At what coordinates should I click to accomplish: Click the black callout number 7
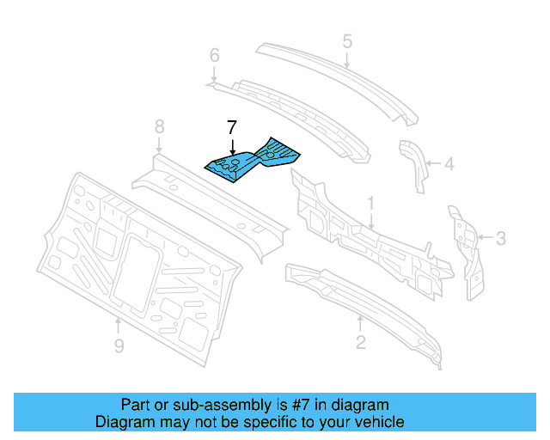pos(232,127)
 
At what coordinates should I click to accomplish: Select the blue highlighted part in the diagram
pos(252,161)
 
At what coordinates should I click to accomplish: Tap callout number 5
pos(347,41)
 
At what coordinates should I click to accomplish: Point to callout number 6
pos(215,55)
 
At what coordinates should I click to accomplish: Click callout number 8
pos(160,126)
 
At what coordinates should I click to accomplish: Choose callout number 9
pos(119,346)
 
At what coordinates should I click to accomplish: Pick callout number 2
pos(361,342)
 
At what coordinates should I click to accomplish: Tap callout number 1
pos(370,205)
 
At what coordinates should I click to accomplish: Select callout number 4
pos(449,164)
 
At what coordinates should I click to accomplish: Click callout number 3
pos(501,238)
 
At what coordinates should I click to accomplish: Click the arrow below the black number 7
pos(232,146)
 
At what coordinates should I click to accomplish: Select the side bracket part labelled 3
pos(466,253)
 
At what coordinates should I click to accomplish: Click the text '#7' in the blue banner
pos(300,405)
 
